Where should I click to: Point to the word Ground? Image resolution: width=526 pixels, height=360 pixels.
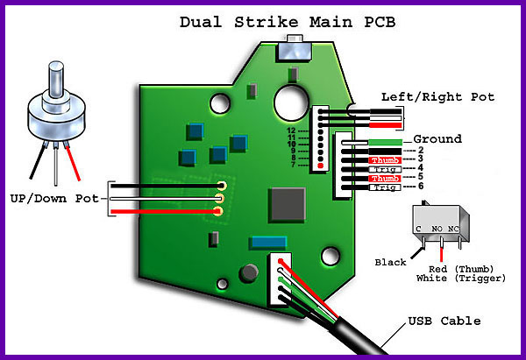click(x=437, y=139)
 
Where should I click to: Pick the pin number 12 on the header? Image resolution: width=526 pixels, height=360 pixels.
click(x=293, y=130)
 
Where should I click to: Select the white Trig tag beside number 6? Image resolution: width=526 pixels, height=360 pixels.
click(x=384, y=187)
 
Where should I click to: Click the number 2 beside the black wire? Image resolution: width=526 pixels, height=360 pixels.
click(x=420, y=151)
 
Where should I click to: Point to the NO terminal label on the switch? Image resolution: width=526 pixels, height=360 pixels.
click(x=437, y=229)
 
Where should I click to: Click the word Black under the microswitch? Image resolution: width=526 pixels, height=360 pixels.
click(x=391, y=262)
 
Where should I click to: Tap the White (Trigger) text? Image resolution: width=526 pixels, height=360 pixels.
click(x=462, y=278)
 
